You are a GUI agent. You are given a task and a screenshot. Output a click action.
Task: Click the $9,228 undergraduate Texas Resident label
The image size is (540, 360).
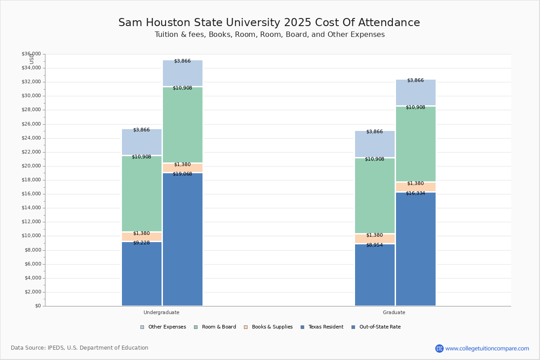tap(141, 243)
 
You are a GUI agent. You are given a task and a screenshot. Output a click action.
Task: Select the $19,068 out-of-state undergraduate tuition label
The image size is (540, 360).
tap(182, 174)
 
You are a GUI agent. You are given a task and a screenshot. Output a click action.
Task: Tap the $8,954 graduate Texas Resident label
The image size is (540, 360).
tap(374, 245)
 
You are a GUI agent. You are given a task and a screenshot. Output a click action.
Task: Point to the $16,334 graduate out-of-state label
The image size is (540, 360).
tap(415, 193)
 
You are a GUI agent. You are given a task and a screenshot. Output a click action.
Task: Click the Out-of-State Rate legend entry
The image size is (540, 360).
tap(376, 327)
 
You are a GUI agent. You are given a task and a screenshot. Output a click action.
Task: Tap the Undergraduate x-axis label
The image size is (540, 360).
tap(162, 312)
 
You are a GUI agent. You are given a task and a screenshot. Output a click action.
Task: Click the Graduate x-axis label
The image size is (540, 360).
tap(394, 312)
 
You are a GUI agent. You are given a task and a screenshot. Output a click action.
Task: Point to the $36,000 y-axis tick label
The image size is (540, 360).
tap(31, 54)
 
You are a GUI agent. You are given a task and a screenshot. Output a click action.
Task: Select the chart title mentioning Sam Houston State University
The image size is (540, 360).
tap(269, 23)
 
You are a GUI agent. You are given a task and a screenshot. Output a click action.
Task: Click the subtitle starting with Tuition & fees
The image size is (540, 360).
tap(270, 35)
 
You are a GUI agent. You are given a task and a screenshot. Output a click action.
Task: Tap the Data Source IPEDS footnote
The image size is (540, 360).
tap(80, 348)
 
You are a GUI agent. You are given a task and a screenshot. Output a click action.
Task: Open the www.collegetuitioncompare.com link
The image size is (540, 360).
tap(487, 348)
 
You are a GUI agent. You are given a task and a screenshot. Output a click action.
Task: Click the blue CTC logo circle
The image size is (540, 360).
tap(439, 348)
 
